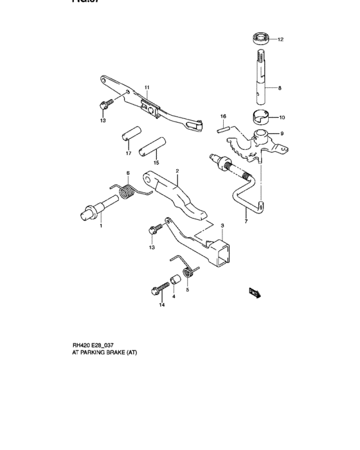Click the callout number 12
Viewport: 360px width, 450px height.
281,40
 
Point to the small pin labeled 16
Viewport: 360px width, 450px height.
224,127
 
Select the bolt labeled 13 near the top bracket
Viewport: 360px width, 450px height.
104,104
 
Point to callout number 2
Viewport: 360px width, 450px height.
177,172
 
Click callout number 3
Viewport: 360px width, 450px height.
222,226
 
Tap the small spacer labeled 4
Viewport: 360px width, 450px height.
173,282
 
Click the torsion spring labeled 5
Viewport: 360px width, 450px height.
188,275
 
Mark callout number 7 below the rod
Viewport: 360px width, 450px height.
245,221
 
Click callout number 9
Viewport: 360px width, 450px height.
281,134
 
